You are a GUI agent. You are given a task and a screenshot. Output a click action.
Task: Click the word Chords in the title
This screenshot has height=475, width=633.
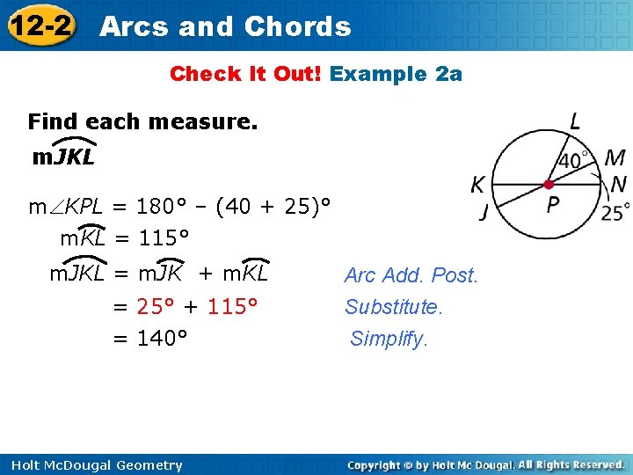297,27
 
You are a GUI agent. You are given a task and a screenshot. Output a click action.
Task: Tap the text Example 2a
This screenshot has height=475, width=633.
396,74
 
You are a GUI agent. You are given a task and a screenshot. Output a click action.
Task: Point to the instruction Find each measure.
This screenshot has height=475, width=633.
142,121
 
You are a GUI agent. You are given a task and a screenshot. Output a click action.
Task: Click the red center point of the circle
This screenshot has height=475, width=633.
549,185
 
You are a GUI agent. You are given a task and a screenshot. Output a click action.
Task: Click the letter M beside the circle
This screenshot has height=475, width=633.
615,158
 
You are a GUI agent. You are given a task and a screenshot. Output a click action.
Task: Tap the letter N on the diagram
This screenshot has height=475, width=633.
618,185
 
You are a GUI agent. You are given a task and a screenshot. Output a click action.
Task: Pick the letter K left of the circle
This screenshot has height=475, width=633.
477,185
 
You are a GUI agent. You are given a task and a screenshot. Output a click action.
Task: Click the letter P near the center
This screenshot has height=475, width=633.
554,206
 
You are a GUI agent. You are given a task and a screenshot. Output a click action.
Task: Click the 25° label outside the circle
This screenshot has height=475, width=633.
615,212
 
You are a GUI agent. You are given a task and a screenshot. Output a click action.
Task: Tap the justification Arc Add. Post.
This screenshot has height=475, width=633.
411,275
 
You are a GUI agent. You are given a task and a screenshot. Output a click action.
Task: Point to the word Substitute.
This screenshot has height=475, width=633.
394,307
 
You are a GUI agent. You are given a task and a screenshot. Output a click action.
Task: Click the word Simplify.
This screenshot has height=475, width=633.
389,339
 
